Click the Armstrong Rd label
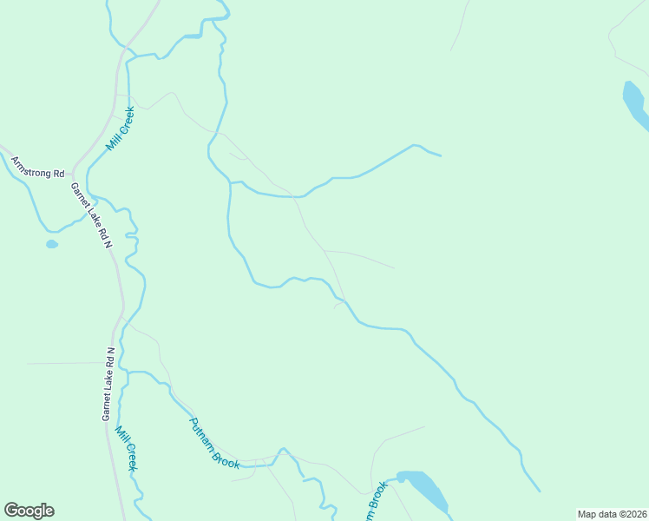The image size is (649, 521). (x=37, y=167)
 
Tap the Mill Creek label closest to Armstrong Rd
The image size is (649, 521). (x=120, y=129)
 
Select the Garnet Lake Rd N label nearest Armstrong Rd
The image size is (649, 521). (x=92, y=215)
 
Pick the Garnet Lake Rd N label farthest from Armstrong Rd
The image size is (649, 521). (x=108, y=384)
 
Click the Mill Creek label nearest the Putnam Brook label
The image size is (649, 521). (x=127, y=449)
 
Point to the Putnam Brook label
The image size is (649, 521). (x=214, y=443)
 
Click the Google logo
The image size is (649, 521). (x=29, y=511)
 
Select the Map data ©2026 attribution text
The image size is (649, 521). (x=612, y=514)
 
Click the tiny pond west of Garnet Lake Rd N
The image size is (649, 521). (x=52, y=244)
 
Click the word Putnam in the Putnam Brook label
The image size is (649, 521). (x=203, y=432)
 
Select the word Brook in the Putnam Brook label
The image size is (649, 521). (x=227, y=457)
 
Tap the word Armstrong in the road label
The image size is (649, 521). (x=31, y=165)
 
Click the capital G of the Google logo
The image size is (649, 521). (x=11, y=511)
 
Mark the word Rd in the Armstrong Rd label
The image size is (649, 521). (x=58, y=173)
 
